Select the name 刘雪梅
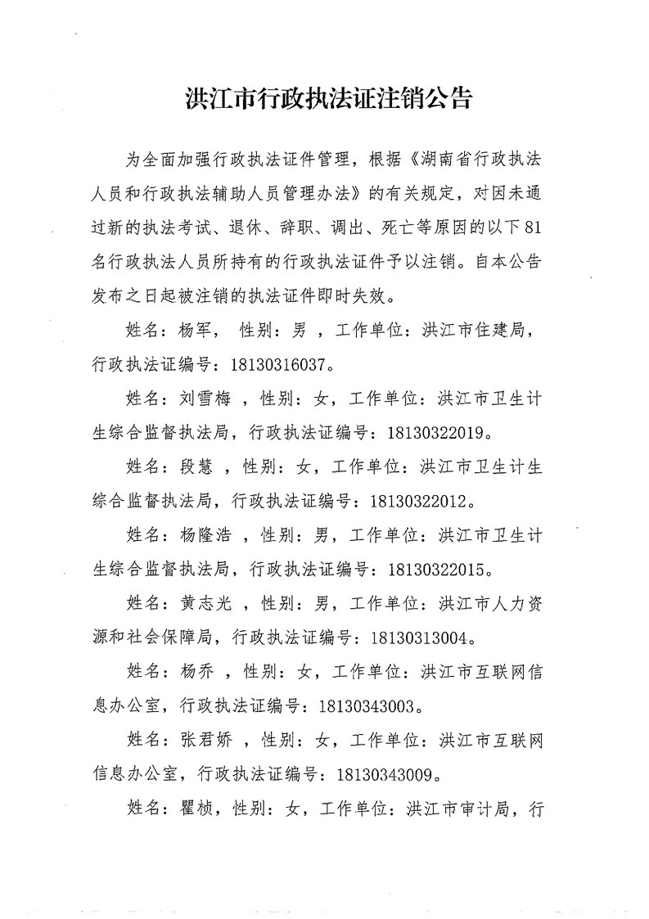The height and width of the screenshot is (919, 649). coord(202,399)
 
